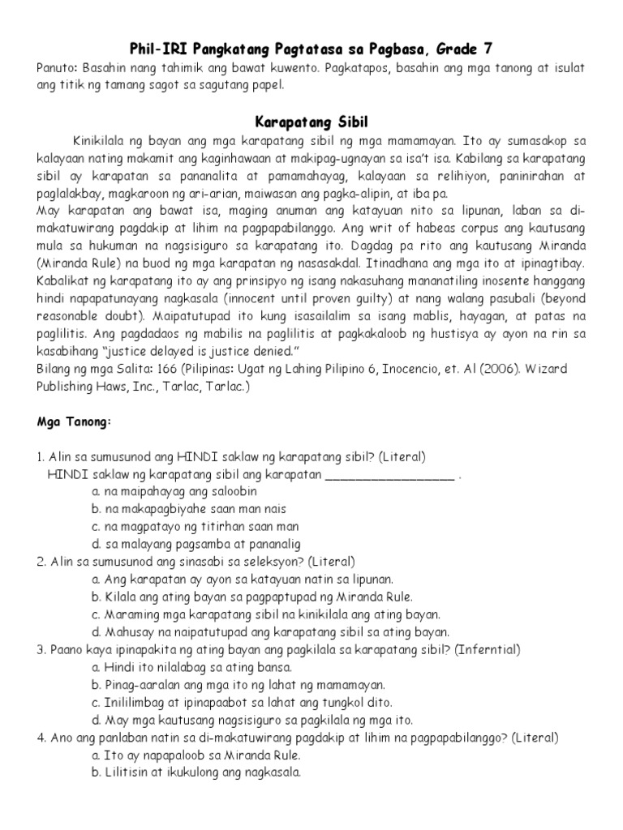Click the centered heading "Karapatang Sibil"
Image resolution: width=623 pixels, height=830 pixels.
pos(311,122)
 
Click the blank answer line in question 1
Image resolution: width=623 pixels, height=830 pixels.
pos(389,476)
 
